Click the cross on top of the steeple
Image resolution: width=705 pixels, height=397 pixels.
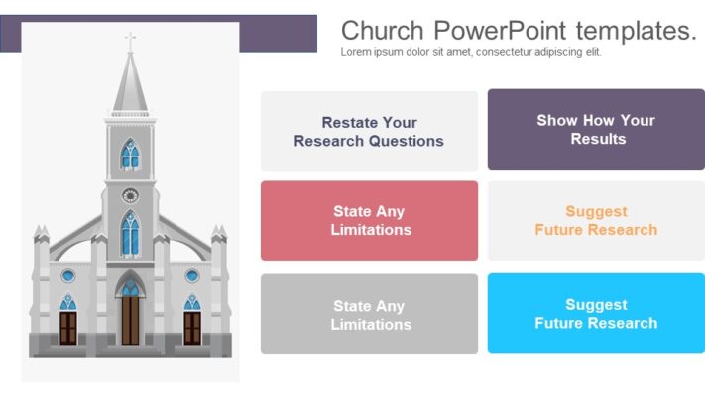point(130,42)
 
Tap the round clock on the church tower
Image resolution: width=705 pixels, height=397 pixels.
point(130,195)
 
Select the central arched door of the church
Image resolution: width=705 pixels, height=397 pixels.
point(130,316)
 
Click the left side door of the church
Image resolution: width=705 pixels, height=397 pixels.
point(68,326)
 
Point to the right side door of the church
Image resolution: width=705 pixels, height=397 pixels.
point(192,326)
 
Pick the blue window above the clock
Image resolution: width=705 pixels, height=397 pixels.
point(130,155)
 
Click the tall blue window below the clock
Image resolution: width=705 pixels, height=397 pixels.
point(130,235)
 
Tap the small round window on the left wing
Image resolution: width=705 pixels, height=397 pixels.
point(68,275)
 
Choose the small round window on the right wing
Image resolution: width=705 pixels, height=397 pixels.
point(192,275)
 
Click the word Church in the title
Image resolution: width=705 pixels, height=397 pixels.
point(383,30)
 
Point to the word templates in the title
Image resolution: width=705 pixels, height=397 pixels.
point(636,30)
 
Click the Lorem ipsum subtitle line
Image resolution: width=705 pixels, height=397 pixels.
point(470,52)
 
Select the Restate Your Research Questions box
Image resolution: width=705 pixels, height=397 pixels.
point(369,132)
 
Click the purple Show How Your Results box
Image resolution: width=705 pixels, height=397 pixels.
point(596,130)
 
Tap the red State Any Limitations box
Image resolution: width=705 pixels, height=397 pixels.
point(369,220)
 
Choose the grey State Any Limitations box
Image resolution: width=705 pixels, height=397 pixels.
point(369,315)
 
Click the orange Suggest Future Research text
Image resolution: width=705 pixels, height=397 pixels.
point(596,220)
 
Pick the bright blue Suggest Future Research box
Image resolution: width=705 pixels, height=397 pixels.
point(596,314)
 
